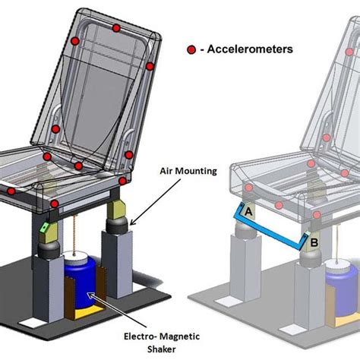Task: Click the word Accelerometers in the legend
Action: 250,49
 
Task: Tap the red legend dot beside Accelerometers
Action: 191,50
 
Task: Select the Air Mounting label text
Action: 188,171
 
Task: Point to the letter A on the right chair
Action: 249,211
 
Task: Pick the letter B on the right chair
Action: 314,242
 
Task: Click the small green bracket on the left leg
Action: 45,227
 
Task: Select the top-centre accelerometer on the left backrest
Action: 116,28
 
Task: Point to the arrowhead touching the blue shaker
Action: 90,295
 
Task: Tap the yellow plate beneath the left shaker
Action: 89,314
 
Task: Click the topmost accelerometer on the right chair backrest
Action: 349,52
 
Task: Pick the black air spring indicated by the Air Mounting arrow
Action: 116,226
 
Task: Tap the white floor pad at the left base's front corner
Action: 28,322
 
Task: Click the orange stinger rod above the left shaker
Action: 74,235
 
